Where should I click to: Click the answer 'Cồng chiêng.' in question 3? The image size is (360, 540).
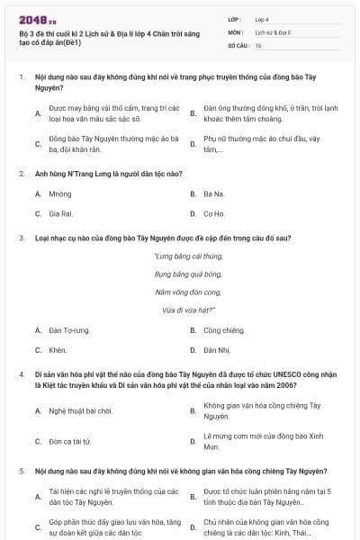pyautogui.click(x=223, y=329)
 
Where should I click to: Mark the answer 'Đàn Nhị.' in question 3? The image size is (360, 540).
pyautogui.click(x=217, y=350)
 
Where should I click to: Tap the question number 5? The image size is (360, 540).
pyautogui.click(x=21, y=472)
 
